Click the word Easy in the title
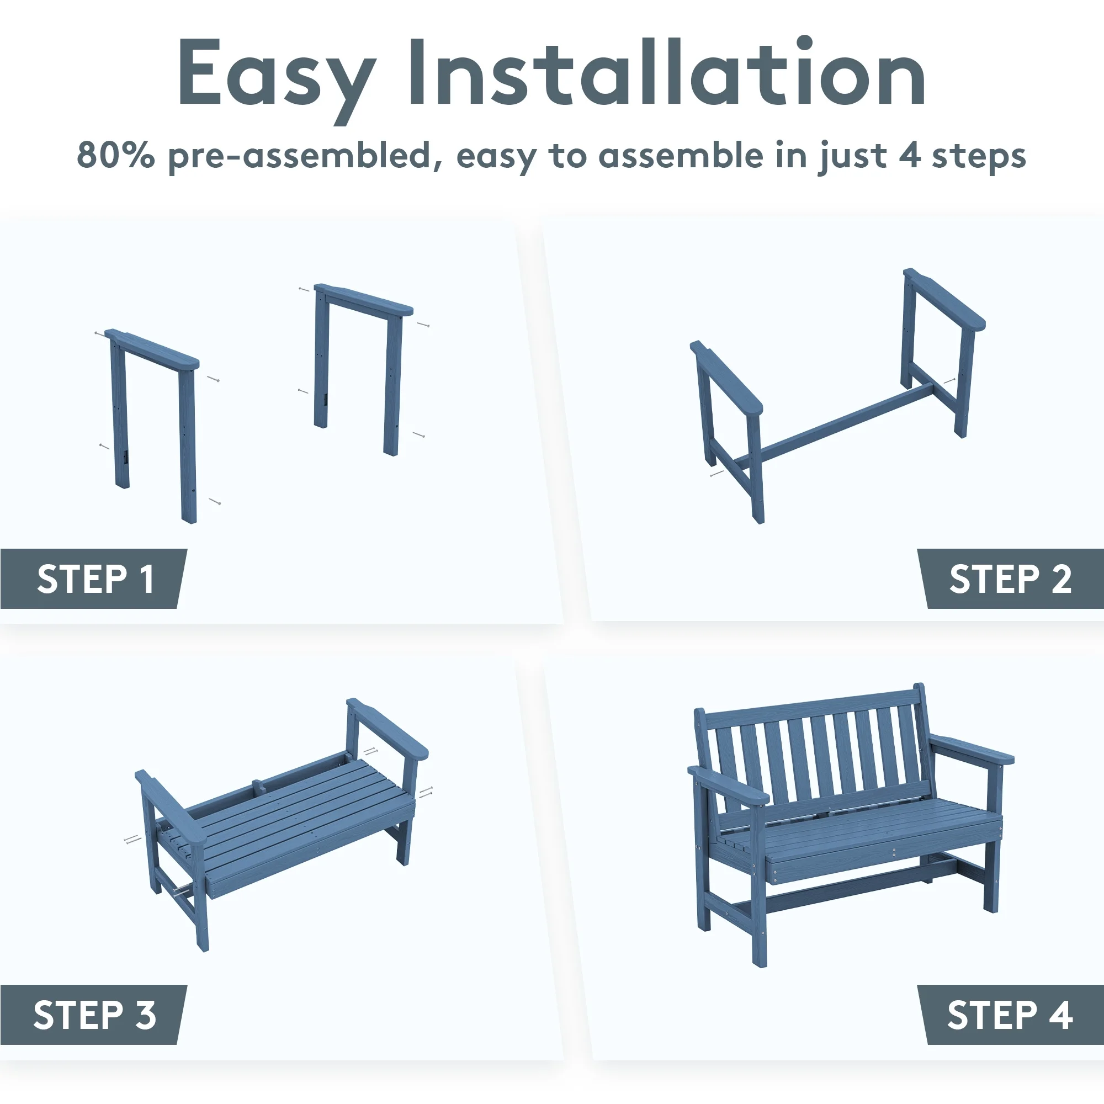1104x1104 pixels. pyautogui.click(x=277, y=79)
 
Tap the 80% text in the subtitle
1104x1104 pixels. pyautogui.click(x=116, y=155)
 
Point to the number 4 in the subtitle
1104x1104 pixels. pyautogui.click(x=910, y=156)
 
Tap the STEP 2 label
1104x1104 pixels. pyautogui.click(x=1010, y=579)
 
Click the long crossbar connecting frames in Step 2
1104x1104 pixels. pyautogui.click(x=834, y=422)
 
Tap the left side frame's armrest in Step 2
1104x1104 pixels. pyautogui.click(x=726, y=378)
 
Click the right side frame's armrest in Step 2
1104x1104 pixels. pyautogui.click(x=944, y=299)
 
